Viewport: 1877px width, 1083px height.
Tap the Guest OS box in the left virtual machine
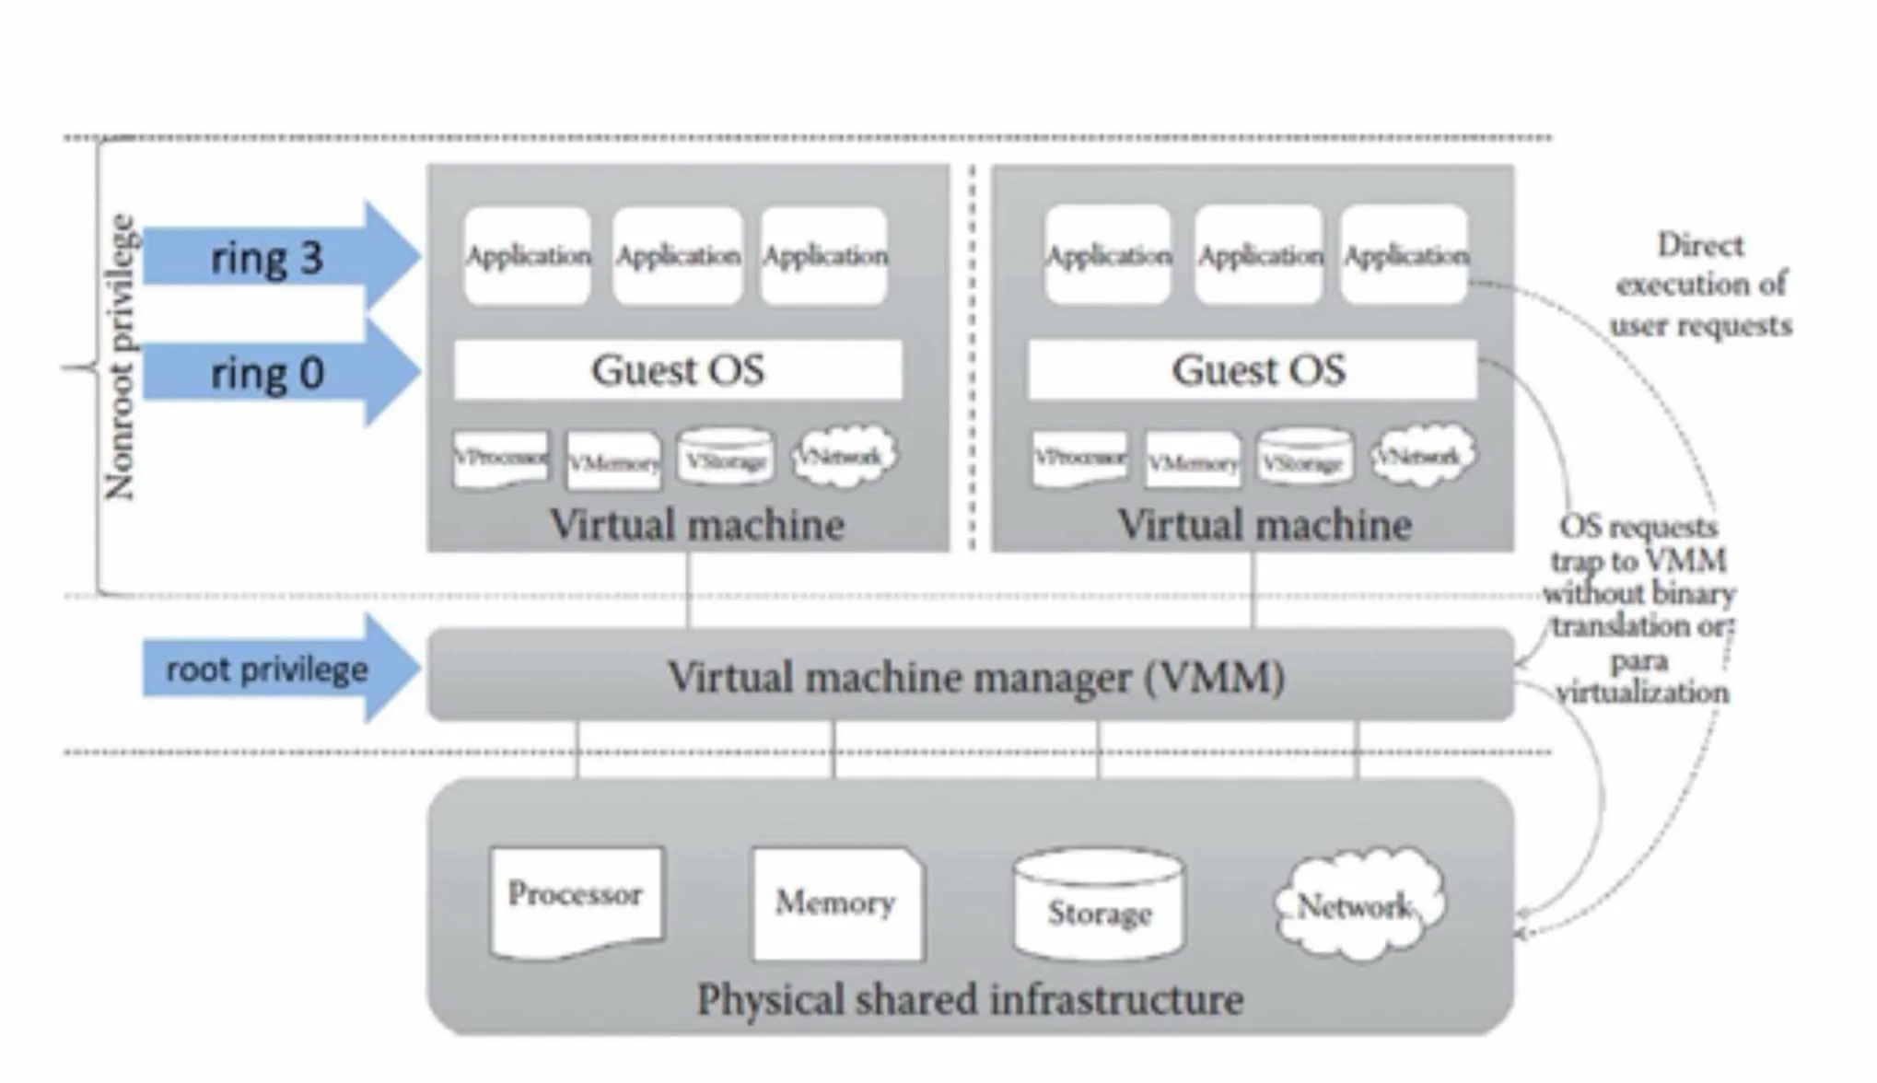coord(678,370)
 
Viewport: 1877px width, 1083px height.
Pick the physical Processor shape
coord(577,901)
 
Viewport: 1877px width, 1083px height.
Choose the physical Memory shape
coord(836,902)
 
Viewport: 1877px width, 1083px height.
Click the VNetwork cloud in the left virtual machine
coord(843,455)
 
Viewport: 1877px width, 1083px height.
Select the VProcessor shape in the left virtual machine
coord(500,458)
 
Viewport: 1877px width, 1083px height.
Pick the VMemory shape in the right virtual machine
coord(1192,460)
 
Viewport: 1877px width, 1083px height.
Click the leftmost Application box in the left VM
coord(528,255)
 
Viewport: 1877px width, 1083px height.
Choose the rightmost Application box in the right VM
coord(1405,255)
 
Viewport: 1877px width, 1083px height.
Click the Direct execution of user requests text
coord(1700,285)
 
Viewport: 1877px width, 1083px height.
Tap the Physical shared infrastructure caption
coord(970,999)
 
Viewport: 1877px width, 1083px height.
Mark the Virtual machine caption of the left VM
coord(696,525)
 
